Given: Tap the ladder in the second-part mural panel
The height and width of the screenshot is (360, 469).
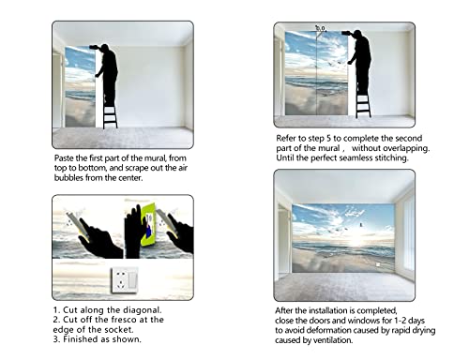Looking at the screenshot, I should (363, 102).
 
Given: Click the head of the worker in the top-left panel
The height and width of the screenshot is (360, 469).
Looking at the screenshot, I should (102, 47).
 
